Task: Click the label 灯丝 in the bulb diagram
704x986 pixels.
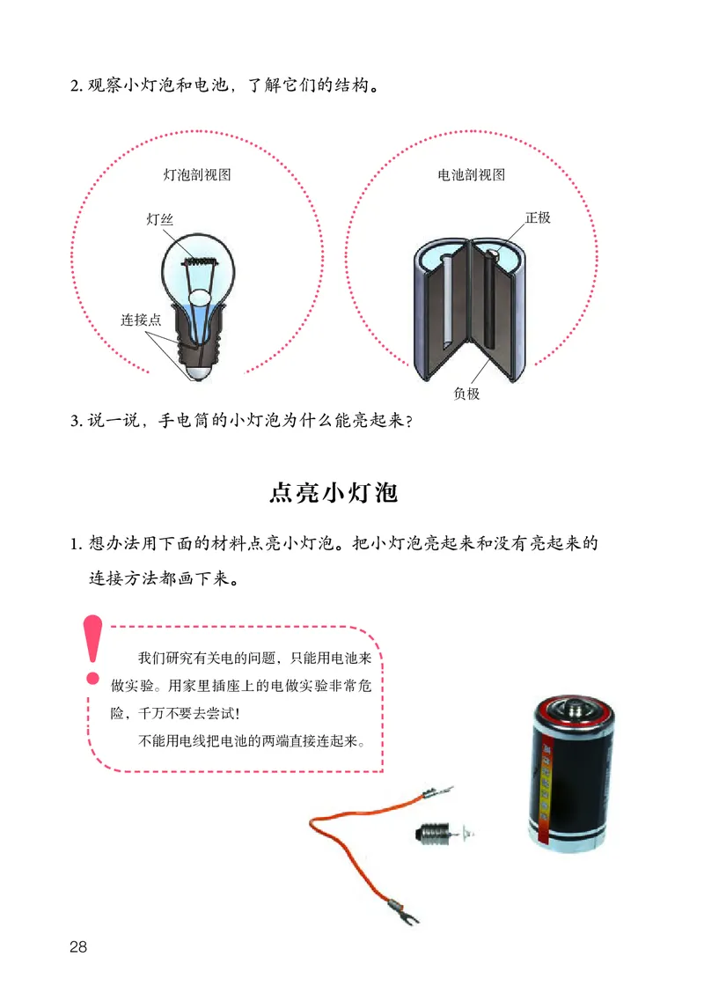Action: [x=160, y=220]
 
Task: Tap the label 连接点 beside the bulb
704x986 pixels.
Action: [x=141, y=320]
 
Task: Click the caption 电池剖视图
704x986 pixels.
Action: [x=472, y=174]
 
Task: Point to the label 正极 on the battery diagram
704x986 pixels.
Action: [x=538, y=217]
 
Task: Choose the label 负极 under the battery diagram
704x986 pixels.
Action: [x=466, y=394]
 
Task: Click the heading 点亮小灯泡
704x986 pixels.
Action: [x=334, y=493]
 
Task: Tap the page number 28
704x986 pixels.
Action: [x=77, y=947]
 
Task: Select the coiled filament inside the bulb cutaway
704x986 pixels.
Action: [x=200, y=260]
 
